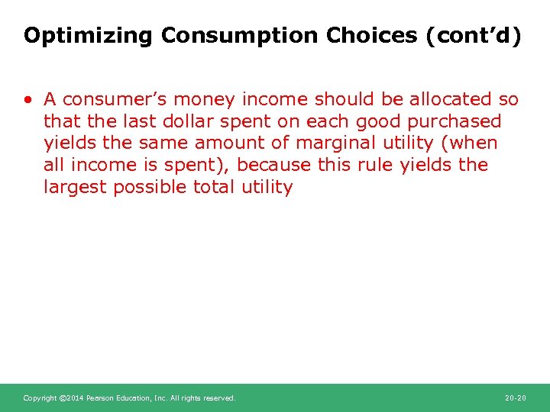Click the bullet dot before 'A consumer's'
(28, 100)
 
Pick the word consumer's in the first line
(111, 99)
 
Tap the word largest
(75, 188)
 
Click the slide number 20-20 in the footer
(516, 398)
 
